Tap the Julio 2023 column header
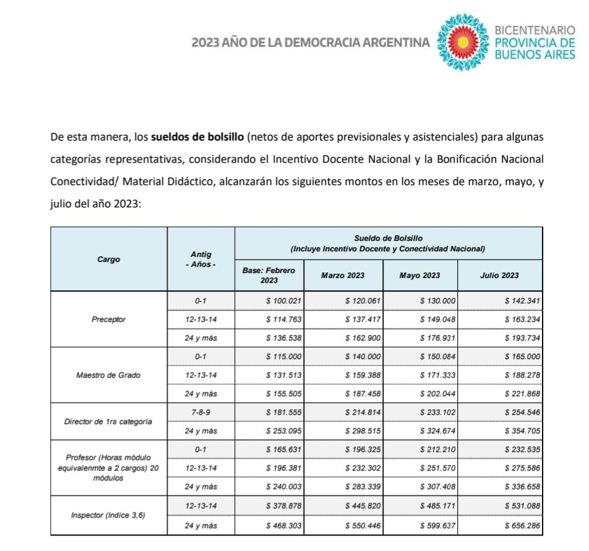(500, 275)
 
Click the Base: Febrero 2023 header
(269, 275)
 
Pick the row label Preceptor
(108, 319)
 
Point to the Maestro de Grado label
(108, 375)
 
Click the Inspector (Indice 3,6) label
(108, 515)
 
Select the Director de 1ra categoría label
(108, 422)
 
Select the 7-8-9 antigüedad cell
(200, 413)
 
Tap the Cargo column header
(108, 259)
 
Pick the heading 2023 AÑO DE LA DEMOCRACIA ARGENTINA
(310, 43)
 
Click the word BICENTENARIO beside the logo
(535, 30)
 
